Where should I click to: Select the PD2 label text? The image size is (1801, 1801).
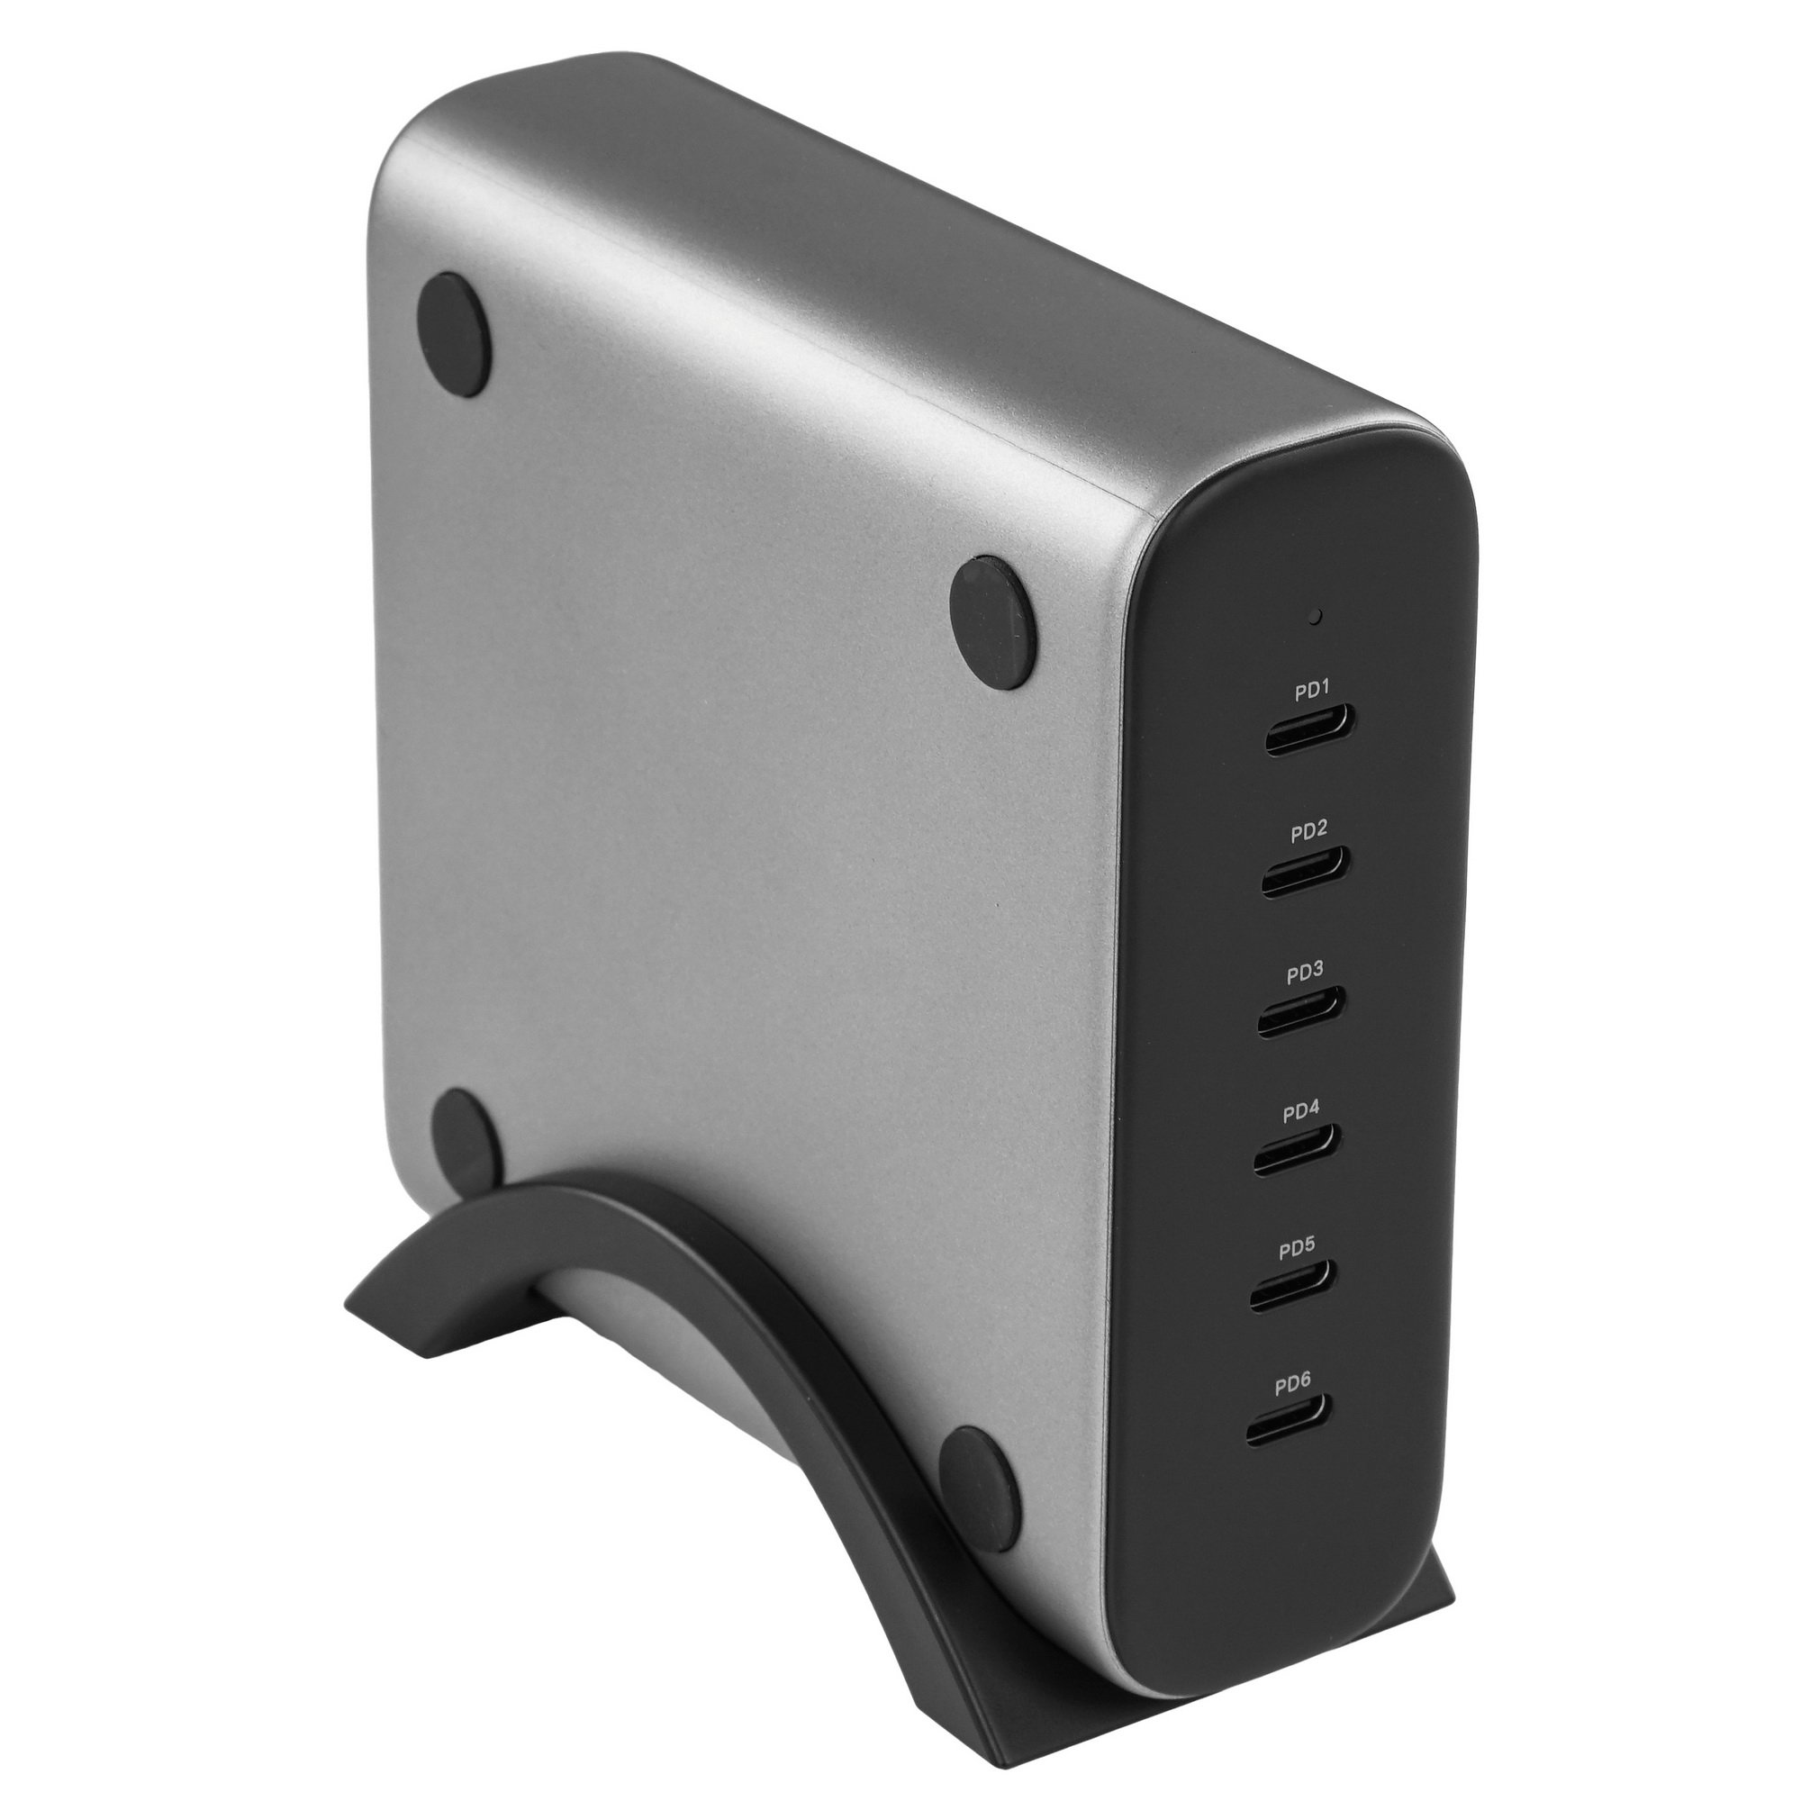[x=1308, y=830]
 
